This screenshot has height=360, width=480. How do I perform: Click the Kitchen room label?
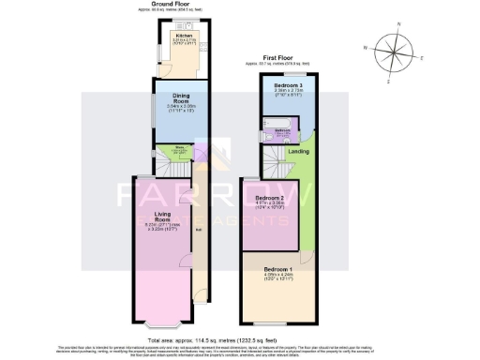tap(170, 35)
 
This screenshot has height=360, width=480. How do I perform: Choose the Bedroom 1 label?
tap(278, 273)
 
